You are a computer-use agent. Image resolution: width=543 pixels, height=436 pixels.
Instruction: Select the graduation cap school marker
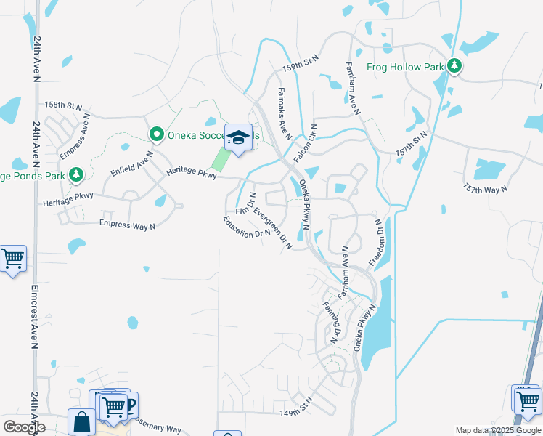point(237,138)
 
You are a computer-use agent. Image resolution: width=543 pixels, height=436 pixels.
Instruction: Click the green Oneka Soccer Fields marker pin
point(155,134)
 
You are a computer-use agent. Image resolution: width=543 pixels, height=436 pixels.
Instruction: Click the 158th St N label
point(63,105)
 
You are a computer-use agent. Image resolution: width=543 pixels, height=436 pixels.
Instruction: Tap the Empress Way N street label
point(127,225)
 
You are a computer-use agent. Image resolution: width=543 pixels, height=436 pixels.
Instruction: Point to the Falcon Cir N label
point(304,142)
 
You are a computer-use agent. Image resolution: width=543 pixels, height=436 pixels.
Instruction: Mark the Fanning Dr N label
point(331,323)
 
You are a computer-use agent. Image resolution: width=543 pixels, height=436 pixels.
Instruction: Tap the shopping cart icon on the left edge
point(12,258)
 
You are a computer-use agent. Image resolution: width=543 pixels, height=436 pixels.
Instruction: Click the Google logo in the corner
point(24,427)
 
